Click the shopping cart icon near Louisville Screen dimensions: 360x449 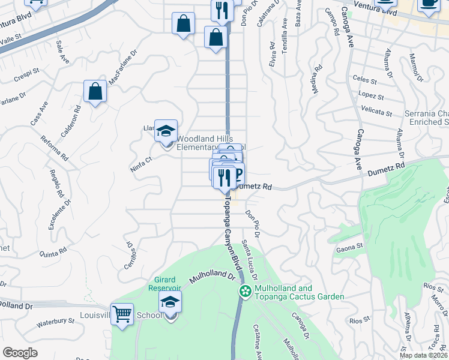(x=122, y=313)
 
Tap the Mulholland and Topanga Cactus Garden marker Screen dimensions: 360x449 (x=245, y=292)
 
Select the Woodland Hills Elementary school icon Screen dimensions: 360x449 (x=166, y=131)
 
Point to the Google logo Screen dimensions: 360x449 (x=20, y=353)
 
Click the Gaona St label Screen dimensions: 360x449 (x=351, y=246)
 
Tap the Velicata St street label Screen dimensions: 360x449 (x=377, y=110)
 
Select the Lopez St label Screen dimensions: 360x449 (x=371, y=95)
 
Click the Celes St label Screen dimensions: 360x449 (x=365, y=80)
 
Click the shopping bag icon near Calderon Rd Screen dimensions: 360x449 (x=95, y=92)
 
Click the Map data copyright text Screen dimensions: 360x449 (x=423, y=355)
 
